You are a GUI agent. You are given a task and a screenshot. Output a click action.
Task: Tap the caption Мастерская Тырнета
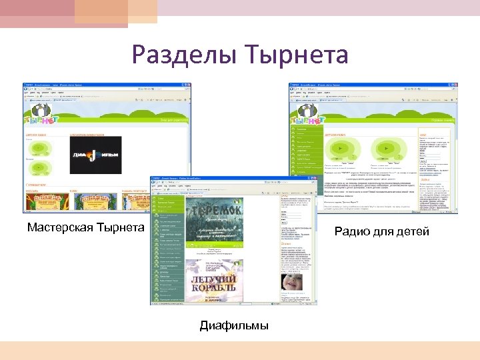click(x=85, y=228)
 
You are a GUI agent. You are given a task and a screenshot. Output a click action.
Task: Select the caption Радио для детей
click(x=382, y=231)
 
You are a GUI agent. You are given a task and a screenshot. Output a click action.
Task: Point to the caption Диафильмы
click(x=234, y=325)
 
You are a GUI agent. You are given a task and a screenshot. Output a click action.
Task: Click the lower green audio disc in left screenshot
click(x=39, y=168)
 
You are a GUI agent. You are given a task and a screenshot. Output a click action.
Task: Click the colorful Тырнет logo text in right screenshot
click(x=308, y=120)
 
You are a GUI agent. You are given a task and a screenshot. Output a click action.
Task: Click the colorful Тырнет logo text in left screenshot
click(x=39, y=120)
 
